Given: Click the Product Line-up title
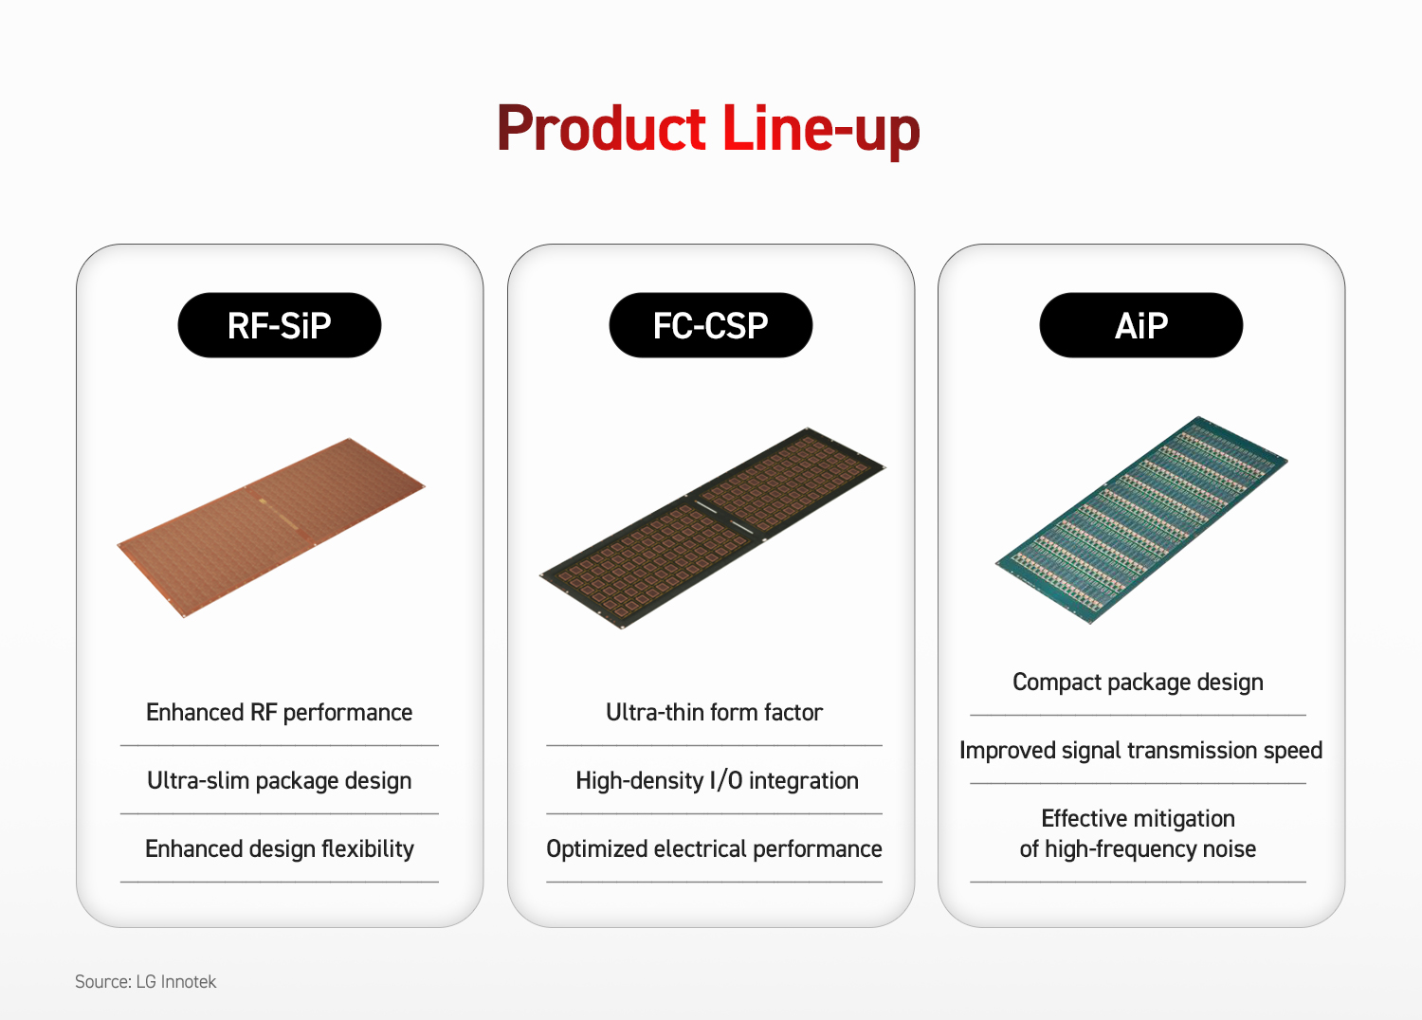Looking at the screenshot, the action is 708,129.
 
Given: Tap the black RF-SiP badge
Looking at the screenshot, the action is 280,325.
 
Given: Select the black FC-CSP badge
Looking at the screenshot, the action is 710,325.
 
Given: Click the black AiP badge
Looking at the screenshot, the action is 1140,325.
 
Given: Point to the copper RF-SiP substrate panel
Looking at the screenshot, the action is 272,527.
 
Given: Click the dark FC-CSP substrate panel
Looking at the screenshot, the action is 713,528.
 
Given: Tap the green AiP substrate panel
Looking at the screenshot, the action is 1141,519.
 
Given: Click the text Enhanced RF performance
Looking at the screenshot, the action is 280,713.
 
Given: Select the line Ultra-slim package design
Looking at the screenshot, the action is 280,781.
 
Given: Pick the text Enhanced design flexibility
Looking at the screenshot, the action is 280,848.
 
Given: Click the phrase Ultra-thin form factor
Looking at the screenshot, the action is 714,712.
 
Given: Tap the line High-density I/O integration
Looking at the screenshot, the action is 717,781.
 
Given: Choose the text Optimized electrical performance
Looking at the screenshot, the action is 714,848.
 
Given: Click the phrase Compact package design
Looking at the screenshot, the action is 1138,683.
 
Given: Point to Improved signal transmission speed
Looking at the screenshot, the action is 1140,750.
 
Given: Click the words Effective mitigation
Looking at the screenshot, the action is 1139,819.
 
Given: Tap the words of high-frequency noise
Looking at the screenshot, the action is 1138,848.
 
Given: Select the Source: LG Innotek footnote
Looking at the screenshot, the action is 145,981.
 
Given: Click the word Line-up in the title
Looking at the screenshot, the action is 821,129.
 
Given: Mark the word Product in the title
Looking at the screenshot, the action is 601,128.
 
